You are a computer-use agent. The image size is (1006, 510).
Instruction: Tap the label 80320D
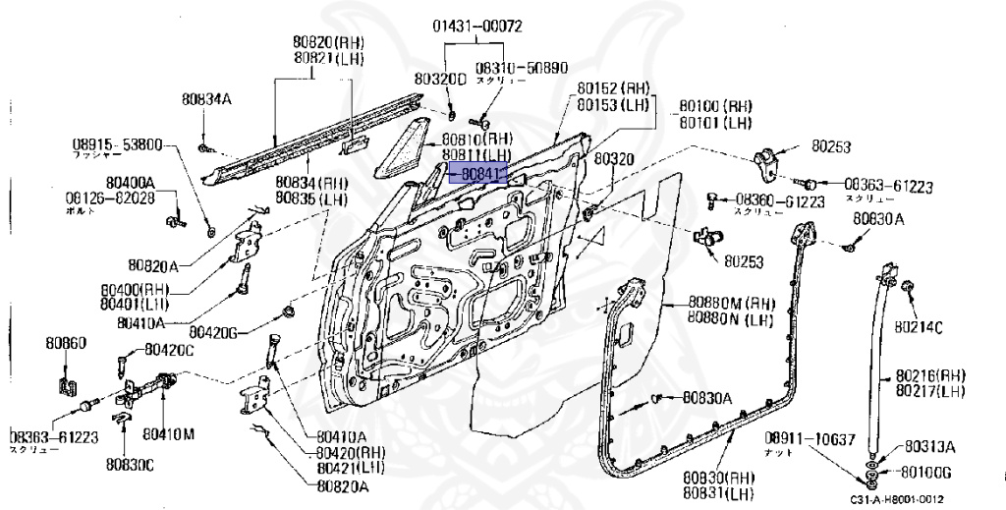coord(439,77)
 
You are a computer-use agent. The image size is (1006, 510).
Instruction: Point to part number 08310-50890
coord(522,68)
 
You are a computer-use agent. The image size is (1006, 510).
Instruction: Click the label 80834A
coord(206,98)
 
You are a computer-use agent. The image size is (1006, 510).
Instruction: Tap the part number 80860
coord(66,344)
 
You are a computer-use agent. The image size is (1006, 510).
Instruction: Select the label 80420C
coord(170,350)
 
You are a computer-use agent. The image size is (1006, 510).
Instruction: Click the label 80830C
coord(131,462)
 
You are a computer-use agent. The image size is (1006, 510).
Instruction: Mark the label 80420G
coord(215,332)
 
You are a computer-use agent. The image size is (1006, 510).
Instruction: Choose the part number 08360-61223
coord(780,199)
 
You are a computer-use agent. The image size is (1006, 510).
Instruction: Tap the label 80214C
coord(917,325)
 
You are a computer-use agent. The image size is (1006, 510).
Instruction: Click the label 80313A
coord(929,444)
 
